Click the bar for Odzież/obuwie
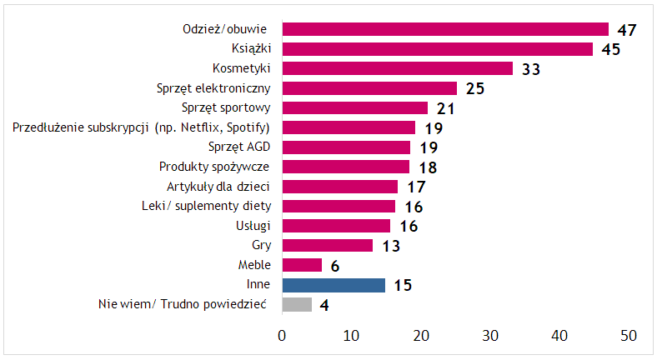tap(445, 30)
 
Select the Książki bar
tap(437, 49)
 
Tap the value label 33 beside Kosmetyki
tap(531, 69)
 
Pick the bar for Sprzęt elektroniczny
tap(369, 88)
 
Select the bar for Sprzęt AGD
tap(346, 147)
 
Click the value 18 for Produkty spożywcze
tap(428, 167)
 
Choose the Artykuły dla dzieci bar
tap(340, 187)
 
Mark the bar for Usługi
tap(336, 226)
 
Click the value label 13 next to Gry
tap(392, 246)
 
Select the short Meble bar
tap(302, 265)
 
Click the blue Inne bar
tap(334, 285)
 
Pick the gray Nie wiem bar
tap(297, 305)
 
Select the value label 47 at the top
tap(627, 30)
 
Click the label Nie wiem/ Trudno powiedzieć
tap(182, 305)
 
